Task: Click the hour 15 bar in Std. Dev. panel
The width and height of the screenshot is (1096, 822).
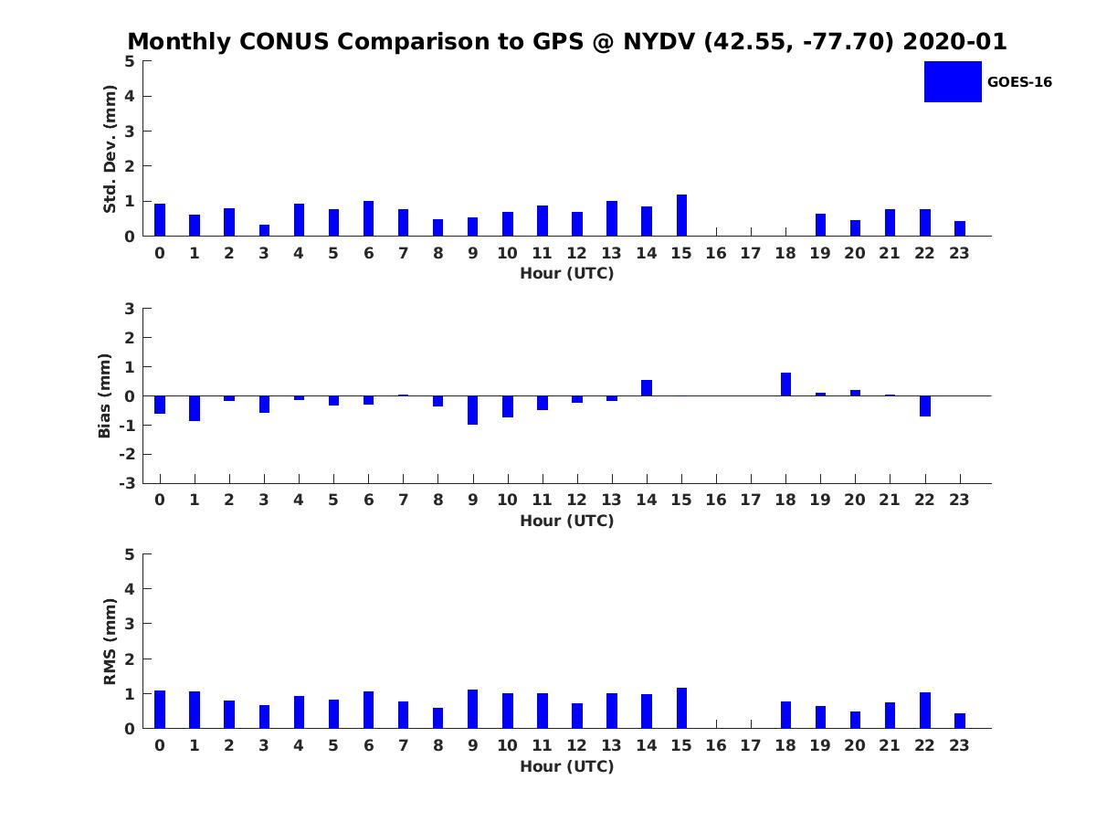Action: (681, 216)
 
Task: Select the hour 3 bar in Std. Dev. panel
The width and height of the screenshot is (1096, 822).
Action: (264, 230)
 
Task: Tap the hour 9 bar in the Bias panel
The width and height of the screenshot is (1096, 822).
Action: (472, 410)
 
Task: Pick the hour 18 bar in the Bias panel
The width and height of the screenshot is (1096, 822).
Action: (785, 385)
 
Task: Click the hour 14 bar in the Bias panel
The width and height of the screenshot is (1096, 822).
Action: (647, 388)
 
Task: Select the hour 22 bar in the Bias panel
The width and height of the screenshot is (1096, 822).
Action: (924, 406)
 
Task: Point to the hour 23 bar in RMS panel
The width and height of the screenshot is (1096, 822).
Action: (960, 721)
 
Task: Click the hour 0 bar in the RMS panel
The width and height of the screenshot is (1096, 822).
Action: (160, 710)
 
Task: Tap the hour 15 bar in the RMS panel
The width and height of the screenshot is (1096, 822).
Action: (681, 708)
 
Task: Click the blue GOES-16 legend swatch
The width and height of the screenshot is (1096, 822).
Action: (953, 82)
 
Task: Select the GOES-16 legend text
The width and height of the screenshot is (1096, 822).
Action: (1019, 82)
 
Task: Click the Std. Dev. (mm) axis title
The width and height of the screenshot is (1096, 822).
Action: (110, 149)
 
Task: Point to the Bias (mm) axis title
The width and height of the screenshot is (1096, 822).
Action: (104, 395)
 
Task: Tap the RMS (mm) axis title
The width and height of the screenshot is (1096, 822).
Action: (110, 641)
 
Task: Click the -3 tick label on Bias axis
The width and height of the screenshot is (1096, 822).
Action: (127, 483)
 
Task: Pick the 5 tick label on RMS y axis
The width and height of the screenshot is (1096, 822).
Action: (130, 554)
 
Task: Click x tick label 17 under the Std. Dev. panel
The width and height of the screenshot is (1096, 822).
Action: (751, 254)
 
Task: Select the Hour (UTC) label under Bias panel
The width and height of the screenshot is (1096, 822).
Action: (567, 521)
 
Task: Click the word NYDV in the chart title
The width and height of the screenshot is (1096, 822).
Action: (659, 41)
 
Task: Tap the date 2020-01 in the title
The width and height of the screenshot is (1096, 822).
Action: (954, 41)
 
